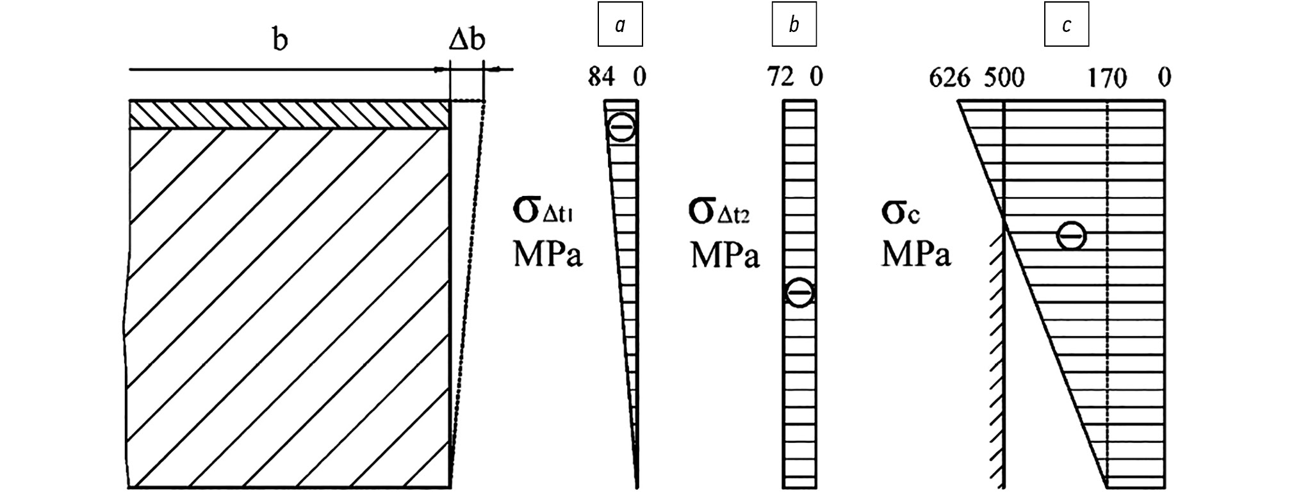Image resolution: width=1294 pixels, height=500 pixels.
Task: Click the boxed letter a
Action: (x=619, y=25)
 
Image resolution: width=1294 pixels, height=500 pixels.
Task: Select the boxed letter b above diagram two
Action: (x=794, y=25)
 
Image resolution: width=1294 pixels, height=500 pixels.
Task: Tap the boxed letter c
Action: (x=1066, y=25)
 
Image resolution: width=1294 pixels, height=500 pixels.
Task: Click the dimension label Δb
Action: (x=466, y=40)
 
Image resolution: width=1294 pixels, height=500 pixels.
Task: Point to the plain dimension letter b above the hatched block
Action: (x=280, y=40)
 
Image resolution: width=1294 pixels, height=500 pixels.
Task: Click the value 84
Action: (x=602, y=78)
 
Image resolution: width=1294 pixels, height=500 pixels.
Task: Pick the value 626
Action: (x=949, y=78)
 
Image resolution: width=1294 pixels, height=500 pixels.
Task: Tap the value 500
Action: (x=1004, y=78)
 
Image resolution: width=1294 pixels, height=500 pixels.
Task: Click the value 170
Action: (x=1108, y=78)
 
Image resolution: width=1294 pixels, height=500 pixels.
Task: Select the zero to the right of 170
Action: (x=1165, y=78)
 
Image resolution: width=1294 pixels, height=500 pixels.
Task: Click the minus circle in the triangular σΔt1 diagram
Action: (x=621, y=127)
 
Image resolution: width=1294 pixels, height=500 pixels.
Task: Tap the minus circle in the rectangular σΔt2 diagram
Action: (x=799, y=293)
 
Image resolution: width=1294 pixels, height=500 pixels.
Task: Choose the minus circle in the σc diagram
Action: (x=1071, y=236)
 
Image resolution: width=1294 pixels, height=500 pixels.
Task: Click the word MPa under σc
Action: (x=916, y=254)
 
